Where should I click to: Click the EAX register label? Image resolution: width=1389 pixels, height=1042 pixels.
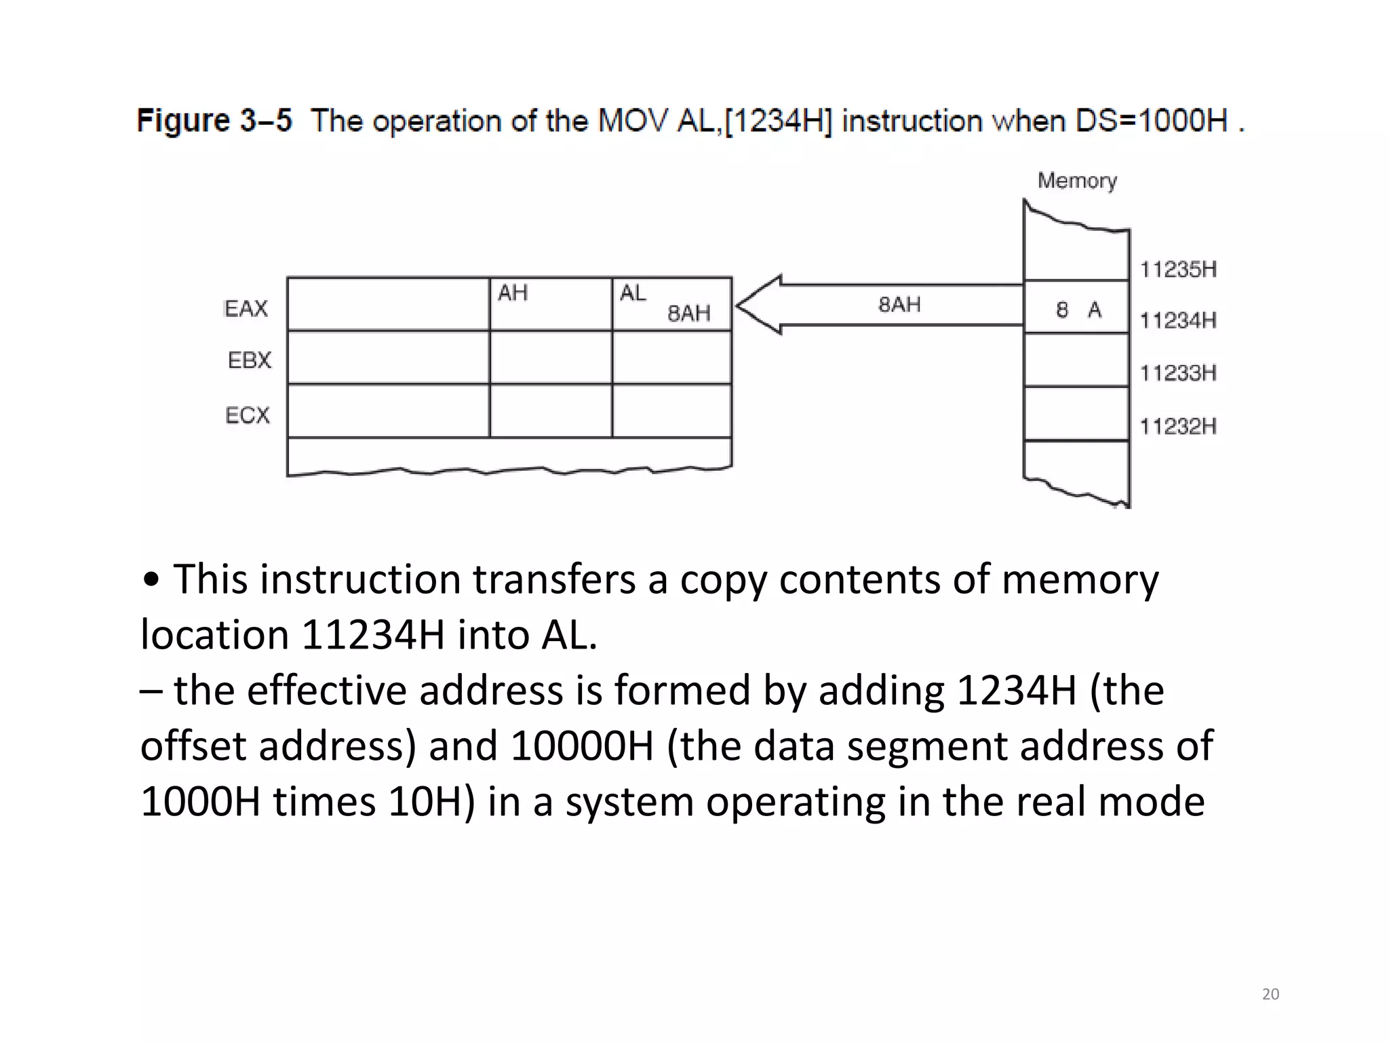pos(246,309)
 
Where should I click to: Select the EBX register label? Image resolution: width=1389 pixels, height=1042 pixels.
pos(250,360)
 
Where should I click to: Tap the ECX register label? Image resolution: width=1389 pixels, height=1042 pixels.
pos(248,415)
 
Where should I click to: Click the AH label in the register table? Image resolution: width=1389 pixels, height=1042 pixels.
pos(513,293)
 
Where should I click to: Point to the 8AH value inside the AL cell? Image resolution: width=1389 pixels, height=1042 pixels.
pos(689,313)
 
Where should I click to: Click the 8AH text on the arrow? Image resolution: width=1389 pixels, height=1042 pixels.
pos(899,305)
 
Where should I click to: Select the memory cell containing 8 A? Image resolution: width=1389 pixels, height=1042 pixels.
pos(1077,310)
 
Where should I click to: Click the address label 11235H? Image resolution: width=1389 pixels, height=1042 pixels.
pos(1178,270)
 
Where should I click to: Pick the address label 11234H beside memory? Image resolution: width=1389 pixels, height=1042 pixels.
pos(1178,320)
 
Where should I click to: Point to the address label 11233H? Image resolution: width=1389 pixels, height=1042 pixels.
pos(1178,373)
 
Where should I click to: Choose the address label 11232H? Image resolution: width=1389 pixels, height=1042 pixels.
pos(1178,427)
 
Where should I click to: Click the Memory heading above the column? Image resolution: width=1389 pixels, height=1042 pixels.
pos(1077,181)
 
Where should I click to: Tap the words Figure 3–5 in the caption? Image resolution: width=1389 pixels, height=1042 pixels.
pos(214,121)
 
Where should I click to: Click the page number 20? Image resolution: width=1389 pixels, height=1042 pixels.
pos(1270,995)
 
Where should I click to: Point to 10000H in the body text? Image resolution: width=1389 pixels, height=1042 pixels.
pos(581,746)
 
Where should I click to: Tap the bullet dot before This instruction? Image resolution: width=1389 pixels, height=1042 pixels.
pos(152,581)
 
